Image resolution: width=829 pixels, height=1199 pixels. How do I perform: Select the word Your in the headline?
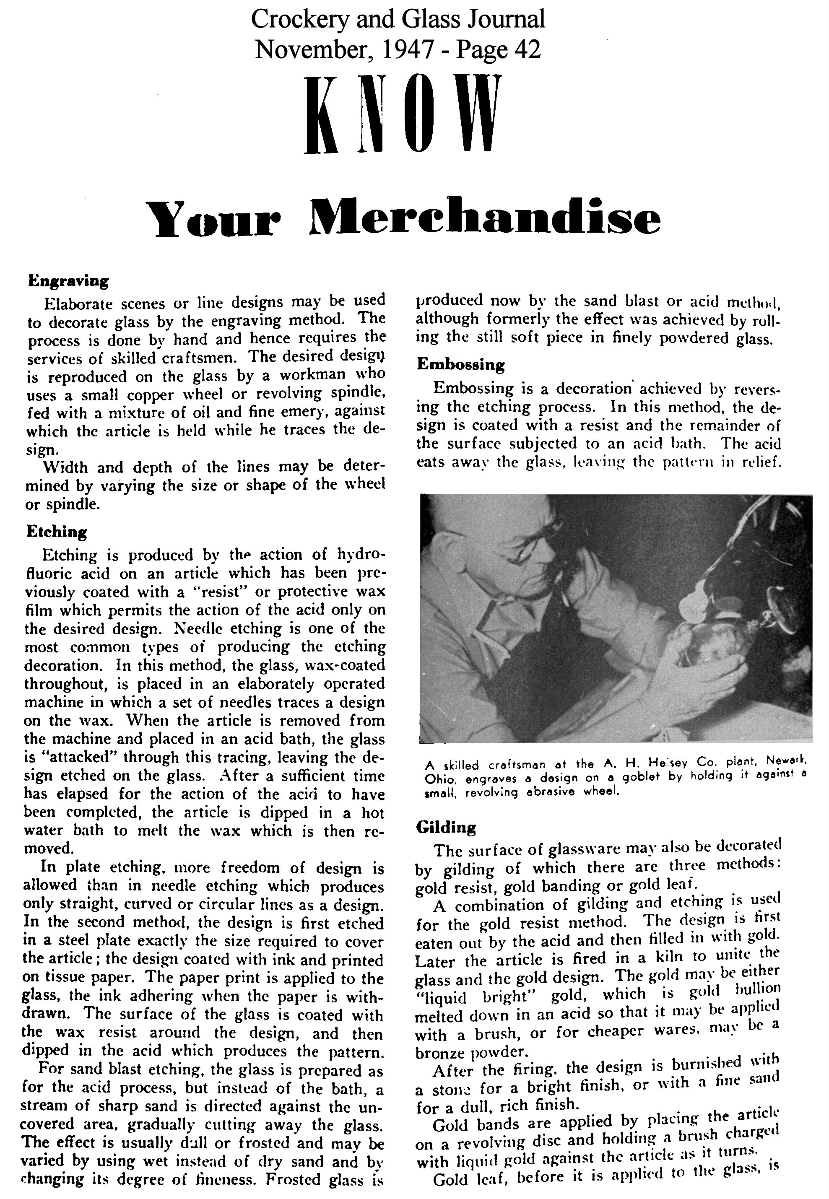point(214,218)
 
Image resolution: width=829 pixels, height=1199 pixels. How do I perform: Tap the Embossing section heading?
point(460,365)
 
